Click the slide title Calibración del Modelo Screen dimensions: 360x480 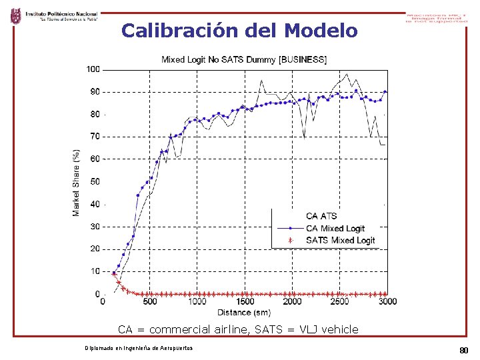(239, 31)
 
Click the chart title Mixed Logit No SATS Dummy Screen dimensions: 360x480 (244, 59)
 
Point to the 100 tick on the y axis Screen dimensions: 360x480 (93, 69)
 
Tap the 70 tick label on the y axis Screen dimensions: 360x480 (95, 137)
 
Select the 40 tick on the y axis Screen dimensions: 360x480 (95, 204)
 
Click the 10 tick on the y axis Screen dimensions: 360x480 (95, 272)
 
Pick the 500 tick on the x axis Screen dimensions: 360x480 (150, 301)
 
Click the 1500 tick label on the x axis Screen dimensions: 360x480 (245, 301)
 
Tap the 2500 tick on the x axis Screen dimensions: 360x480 (339, 301)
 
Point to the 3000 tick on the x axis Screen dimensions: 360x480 (387, 301)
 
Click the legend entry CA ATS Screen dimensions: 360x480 (321, 216)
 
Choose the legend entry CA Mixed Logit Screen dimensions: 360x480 (335, 228)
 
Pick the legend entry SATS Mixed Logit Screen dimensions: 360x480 (340, 240)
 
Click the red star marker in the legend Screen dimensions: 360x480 (289, 240)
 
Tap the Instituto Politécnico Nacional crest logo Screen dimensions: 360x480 (15, 15)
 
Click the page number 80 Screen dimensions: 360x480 (464, 351)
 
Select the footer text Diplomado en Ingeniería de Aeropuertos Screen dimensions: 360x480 (139, 349)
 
